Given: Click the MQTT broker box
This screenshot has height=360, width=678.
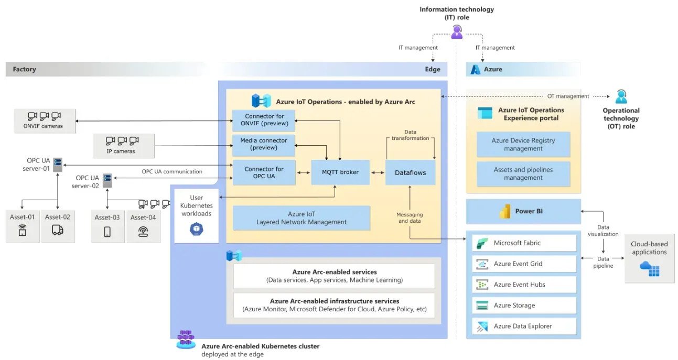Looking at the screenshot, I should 340,172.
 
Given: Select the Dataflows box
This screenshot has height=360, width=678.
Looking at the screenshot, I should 410,172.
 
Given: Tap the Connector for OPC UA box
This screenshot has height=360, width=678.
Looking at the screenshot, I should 264,172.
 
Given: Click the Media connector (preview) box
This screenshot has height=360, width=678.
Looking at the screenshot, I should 264,144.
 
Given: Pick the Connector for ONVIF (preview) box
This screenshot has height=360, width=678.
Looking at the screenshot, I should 264,120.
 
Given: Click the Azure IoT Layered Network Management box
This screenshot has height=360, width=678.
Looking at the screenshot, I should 301,218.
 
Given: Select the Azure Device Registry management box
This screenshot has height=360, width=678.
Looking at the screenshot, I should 523,145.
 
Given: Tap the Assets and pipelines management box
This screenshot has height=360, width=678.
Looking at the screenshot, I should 523,174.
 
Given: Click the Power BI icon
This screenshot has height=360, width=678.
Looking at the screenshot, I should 505,211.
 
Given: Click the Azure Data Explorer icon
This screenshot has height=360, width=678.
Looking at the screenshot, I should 480,326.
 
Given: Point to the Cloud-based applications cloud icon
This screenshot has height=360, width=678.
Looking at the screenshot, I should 649,268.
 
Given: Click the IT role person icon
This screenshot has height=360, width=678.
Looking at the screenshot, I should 457,32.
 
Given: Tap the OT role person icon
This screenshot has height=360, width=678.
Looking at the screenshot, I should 621,97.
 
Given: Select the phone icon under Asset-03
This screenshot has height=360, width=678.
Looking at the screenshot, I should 107,232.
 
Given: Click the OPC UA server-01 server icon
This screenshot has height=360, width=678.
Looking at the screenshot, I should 58,165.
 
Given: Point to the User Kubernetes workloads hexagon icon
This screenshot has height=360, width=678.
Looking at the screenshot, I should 196,229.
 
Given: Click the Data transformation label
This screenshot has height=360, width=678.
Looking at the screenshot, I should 410,135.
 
